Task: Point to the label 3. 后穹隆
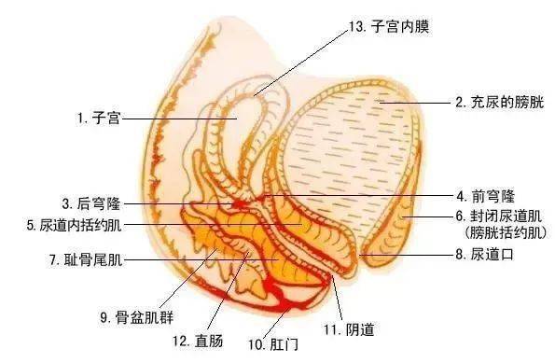click(90, 202)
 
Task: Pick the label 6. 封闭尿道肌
click(498, 216)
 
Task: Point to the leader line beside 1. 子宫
click(177, 119)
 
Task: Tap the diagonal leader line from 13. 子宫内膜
click(298, 61)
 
